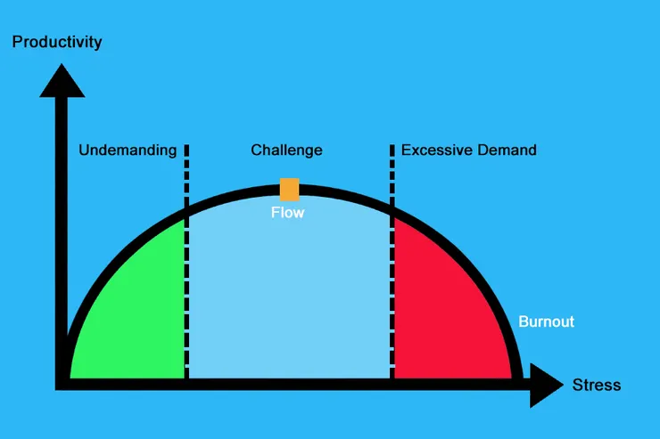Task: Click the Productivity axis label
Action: pos(56,42)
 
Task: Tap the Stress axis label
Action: pos(596,386)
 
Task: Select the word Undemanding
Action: pos(128,150)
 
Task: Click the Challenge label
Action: pos(286,150)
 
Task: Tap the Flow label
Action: pos(288,213)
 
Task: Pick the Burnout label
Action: pos(547,321)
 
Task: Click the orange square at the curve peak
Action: pos(289,189)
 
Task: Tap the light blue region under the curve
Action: pos(289,294)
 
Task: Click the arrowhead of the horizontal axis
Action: pos(546,384)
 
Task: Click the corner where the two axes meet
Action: pos(62,384)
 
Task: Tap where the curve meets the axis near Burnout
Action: pos(516,378)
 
